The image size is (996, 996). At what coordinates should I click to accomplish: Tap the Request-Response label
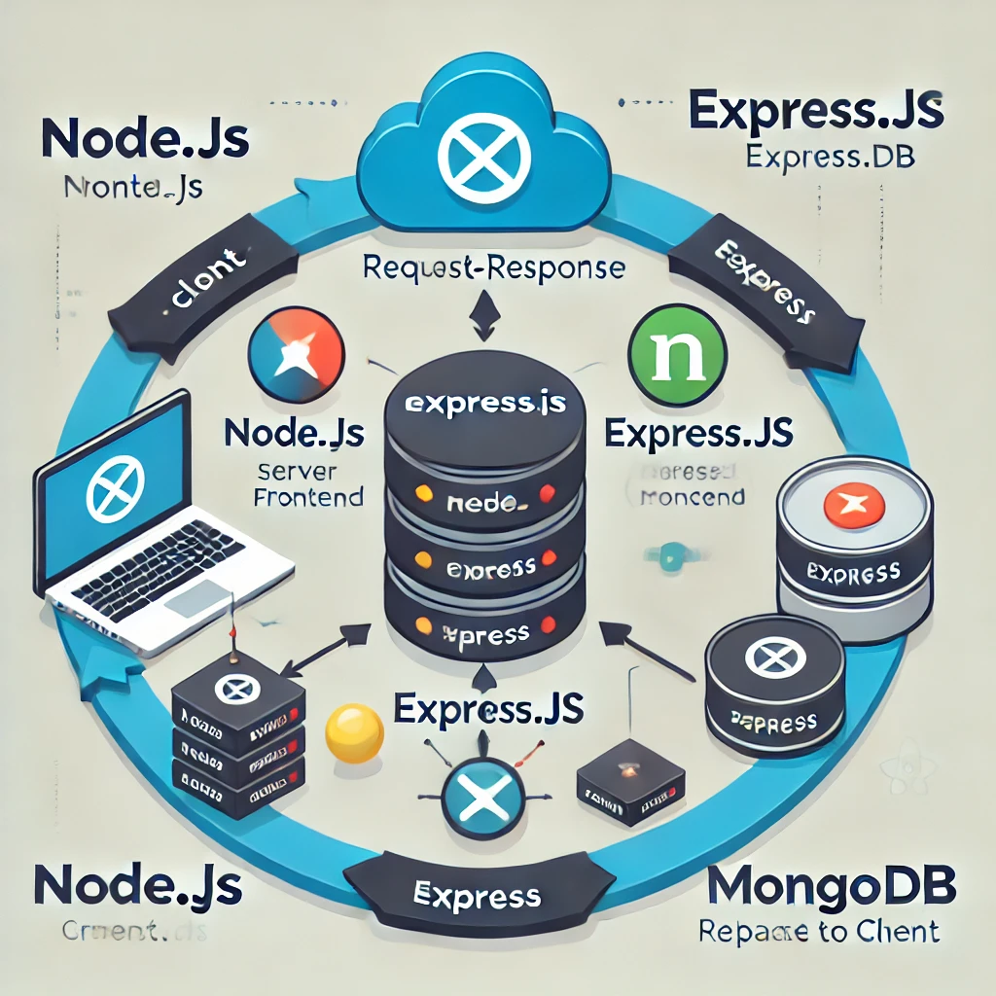tap(493, 267)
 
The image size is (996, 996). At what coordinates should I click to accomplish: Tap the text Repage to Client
tap(820, 931)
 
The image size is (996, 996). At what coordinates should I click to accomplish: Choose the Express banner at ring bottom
tap(477, 894)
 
